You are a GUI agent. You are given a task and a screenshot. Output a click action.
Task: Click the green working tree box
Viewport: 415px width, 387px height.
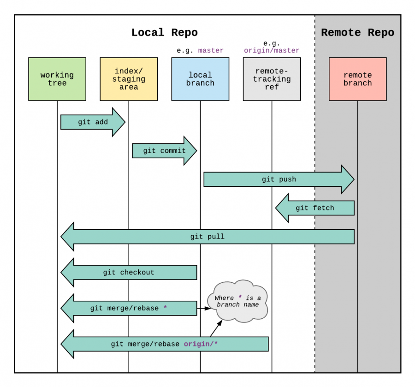click(57, 79)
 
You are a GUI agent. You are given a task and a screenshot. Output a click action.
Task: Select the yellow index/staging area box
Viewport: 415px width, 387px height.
click(129, 79)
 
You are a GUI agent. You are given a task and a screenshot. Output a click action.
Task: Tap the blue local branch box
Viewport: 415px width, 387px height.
click(200, 79)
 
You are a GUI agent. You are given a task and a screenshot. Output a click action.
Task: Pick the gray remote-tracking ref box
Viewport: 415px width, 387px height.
click(272, 79)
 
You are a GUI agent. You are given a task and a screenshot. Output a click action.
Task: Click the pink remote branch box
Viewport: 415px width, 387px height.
click(357, 79)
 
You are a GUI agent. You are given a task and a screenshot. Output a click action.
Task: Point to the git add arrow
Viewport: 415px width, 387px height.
click(93, 122)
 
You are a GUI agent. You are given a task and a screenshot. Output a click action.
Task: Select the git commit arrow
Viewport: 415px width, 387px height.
click(164, 151)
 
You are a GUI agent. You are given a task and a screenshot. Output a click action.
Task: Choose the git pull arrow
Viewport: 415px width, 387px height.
click(207, 237)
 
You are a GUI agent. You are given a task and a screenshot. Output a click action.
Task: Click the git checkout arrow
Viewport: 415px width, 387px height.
click(129, 273)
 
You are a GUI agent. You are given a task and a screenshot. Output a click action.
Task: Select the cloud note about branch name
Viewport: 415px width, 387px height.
click(237, 301)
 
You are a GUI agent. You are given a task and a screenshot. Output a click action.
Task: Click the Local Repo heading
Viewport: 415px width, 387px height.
click(164, 33)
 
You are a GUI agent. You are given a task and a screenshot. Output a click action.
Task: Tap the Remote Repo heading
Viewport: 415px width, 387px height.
click(357, 33)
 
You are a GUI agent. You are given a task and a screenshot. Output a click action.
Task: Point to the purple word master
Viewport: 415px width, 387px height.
click(211, 50)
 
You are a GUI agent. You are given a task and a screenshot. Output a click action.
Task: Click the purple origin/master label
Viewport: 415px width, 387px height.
click(272, 50)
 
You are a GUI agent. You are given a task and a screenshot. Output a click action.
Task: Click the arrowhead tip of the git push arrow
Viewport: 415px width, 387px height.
click(353, 179)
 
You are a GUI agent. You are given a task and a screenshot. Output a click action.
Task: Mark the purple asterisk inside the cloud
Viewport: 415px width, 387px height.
click(240, 298)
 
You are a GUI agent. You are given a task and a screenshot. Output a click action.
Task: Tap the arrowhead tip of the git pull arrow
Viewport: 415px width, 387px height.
click(62, 237)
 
